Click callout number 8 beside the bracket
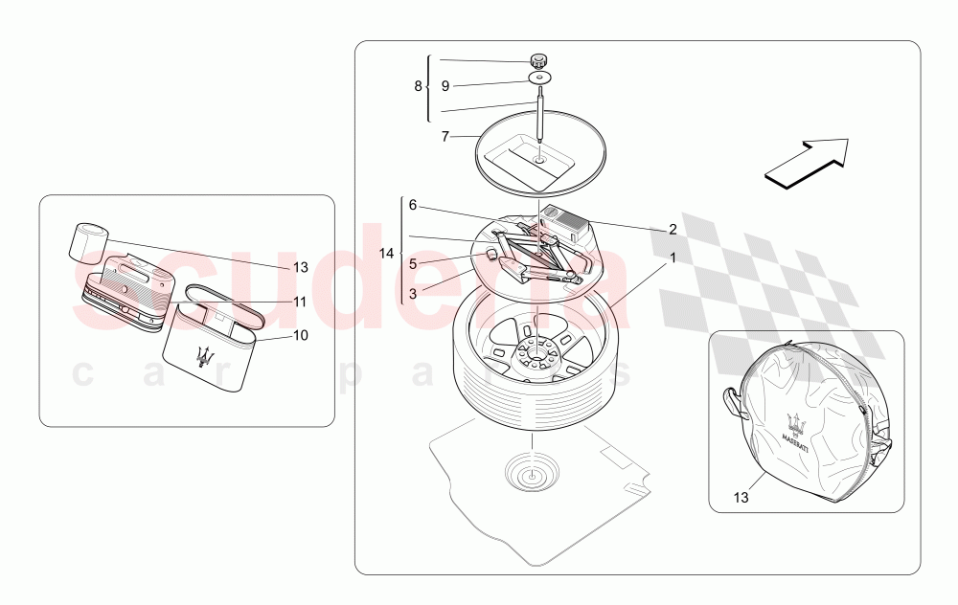pos(418,86)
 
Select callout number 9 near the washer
pos(445,86)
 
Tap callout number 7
pos(445,137)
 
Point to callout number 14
pos(387,253)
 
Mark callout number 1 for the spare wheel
pos(673,258)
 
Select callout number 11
pos(299,302)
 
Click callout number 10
pos(301,335)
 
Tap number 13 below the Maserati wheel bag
pos(741,498)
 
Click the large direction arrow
pos(807,162)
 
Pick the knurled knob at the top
pos(537,59)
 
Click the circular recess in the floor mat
pos(532,472)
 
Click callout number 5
pos(413,264)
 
